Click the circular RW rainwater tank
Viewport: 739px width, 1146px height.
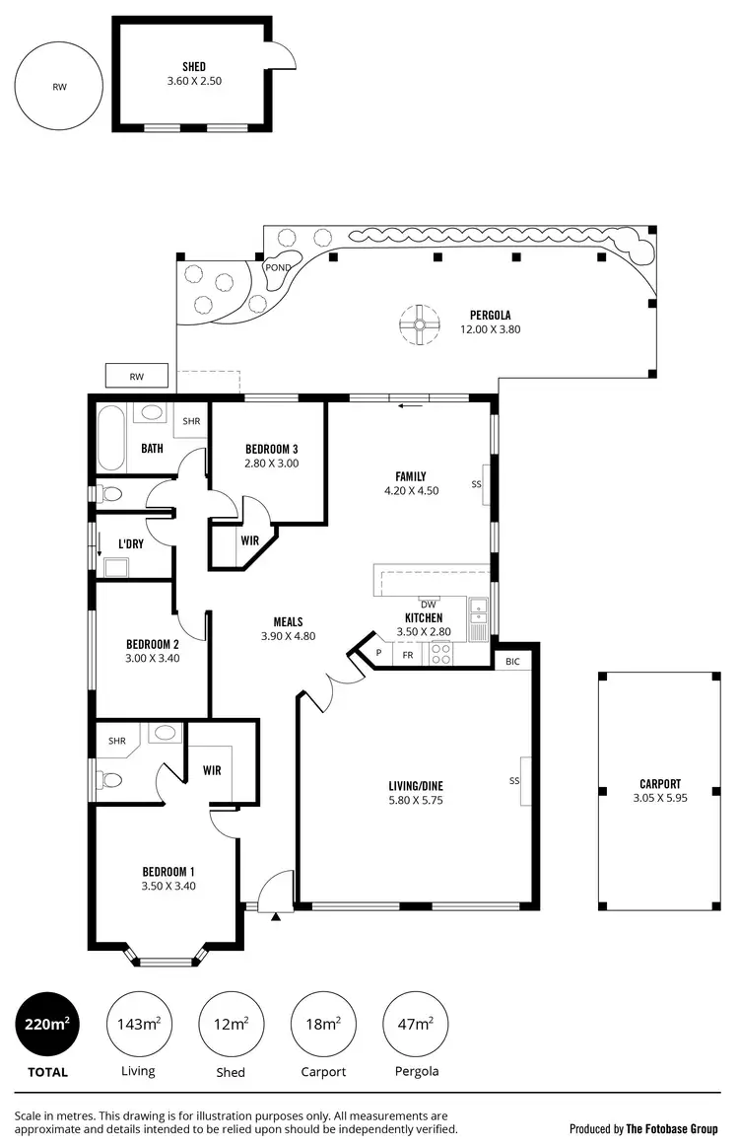pos(59,86)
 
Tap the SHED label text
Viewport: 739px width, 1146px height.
pos(194,67)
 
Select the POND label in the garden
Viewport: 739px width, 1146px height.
pos(277,267)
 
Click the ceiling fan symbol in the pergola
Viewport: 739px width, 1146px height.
pos(419,323)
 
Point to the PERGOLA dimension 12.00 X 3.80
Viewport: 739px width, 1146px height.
pos(490,329)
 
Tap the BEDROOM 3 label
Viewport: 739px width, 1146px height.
pos(272,450)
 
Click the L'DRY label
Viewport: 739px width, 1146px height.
pos(132,544)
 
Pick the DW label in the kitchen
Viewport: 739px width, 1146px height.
pos(428,605)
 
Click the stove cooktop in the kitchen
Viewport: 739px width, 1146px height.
pos(440,653)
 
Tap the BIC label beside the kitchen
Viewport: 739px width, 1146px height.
pos(512,660)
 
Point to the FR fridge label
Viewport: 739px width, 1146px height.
pos(407,654)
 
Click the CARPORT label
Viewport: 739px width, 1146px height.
pos(660,784)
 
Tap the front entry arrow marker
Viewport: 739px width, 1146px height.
pos(276,916)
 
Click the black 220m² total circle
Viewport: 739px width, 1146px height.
pos(46,1025)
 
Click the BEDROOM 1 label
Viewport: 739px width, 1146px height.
pos(168,872)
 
